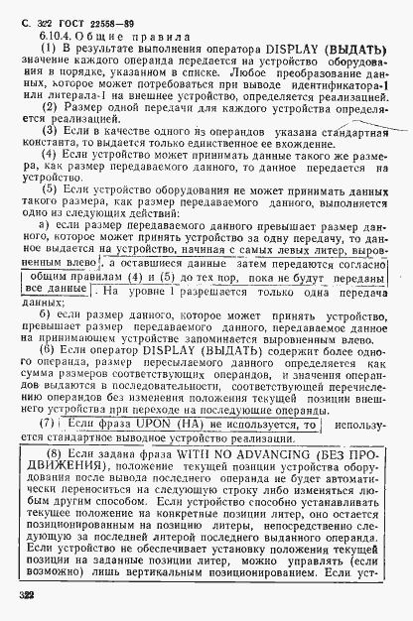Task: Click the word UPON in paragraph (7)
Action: click(x=155, y=425)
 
